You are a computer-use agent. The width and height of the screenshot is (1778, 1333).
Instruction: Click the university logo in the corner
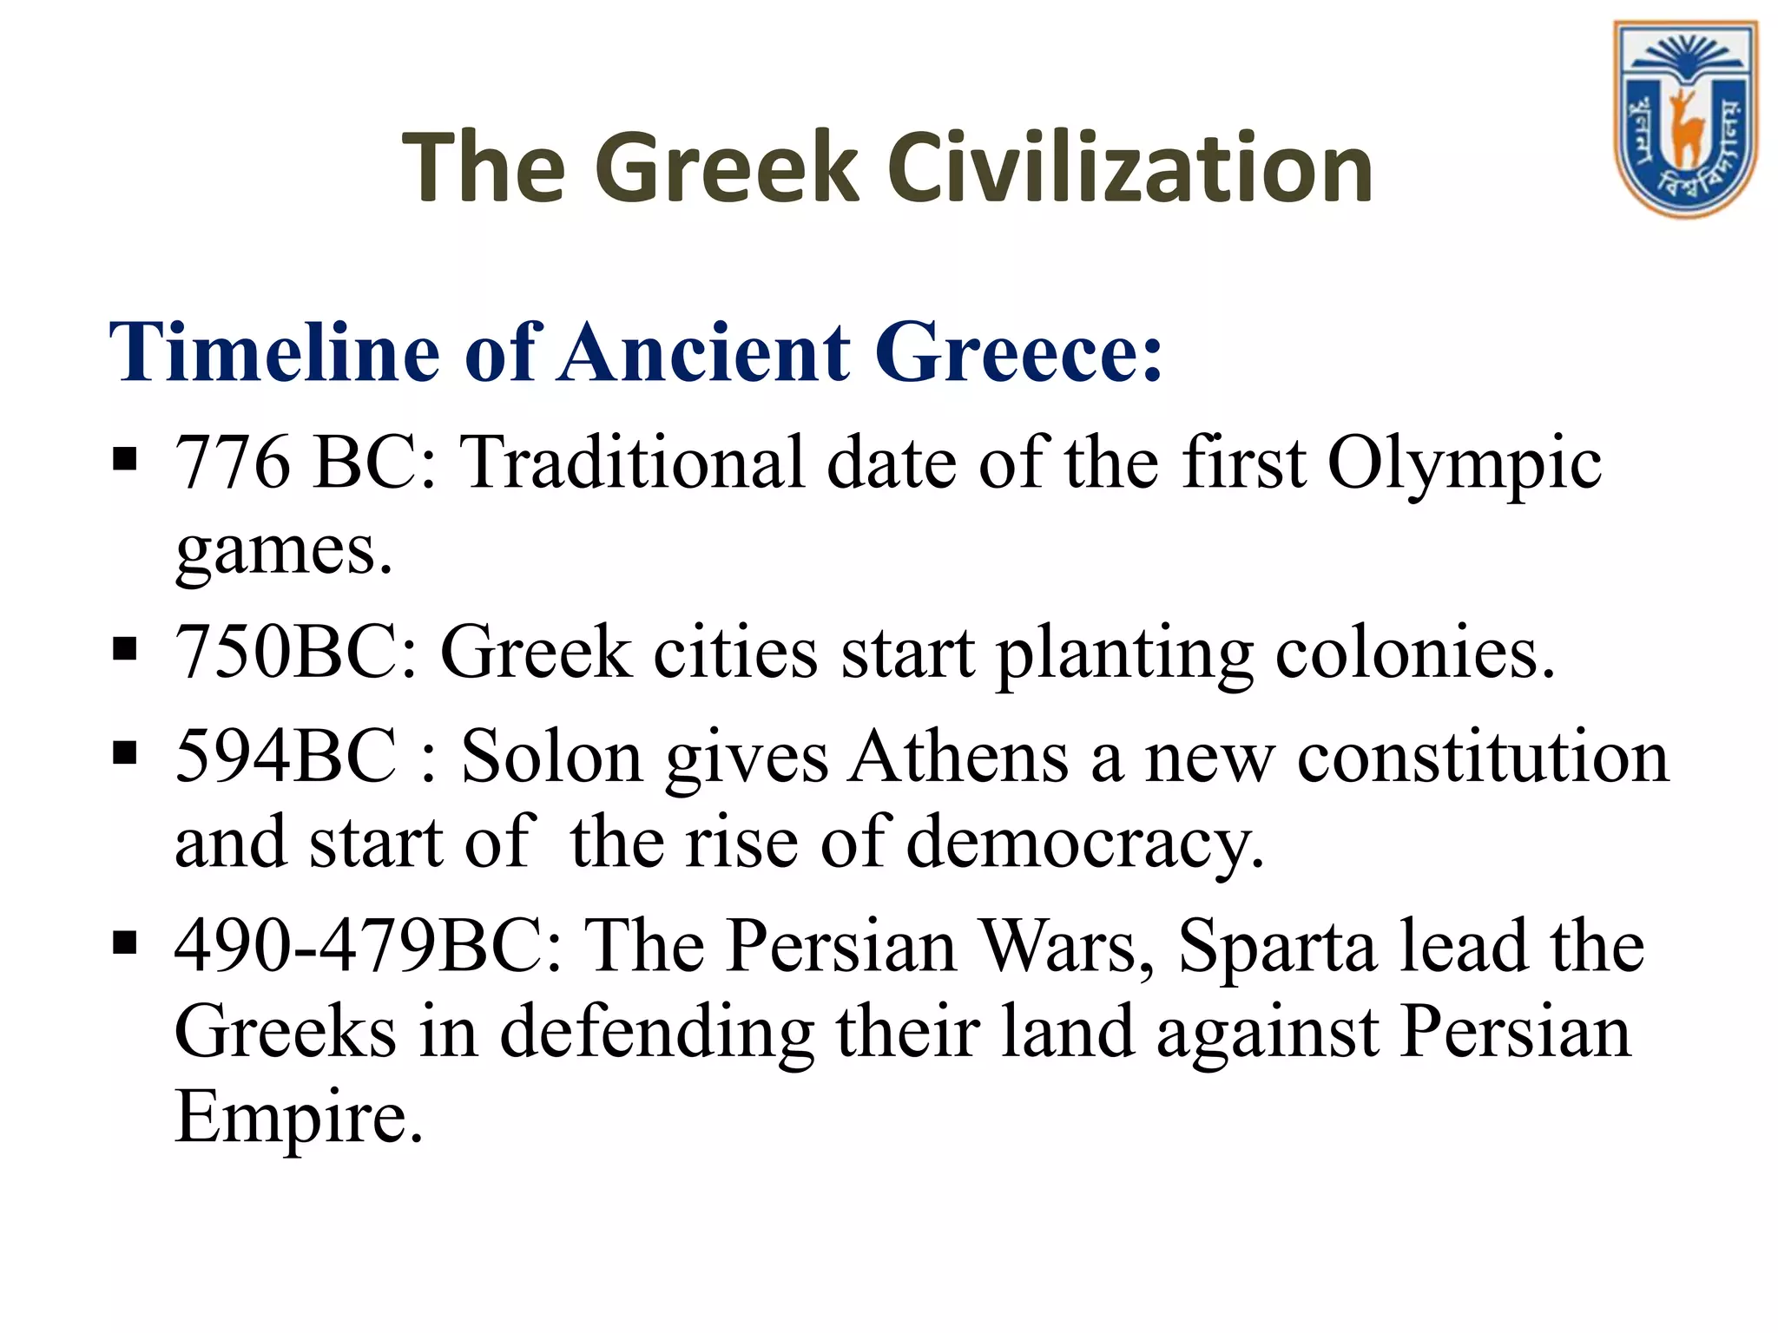1683,119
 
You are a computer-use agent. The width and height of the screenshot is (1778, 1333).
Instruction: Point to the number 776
233,463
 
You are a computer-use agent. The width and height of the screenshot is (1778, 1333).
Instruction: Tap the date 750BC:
297,653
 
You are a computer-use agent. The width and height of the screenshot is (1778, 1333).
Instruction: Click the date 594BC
286,757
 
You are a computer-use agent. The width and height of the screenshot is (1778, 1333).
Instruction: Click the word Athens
958,757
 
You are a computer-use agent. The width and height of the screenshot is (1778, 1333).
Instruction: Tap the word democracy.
1085,842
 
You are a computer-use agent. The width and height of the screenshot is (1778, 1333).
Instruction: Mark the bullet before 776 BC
125,457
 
